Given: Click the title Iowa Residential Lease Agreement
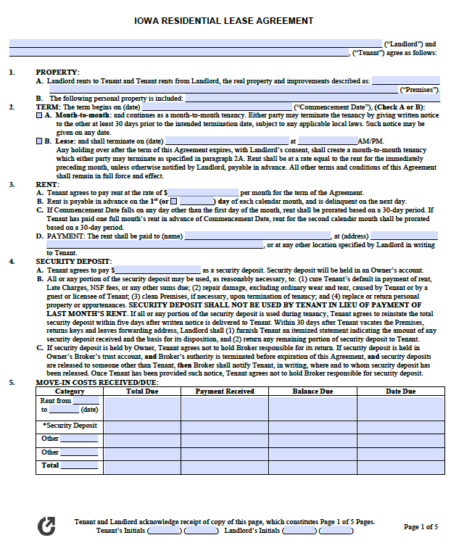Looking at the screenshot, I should (225, 21).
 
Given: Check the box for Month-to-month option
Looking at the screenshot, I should (39, 115).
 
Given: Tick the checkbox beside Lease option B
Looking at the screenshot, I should (39, 141).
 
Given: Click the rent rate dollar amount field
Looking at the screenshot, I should (202, 193).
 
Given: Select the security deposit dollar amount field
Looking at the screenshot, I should (157, 270).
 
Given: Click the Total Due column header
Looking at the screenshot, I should (143, 391).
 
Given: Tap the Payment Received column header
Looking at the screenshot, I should (225, 391).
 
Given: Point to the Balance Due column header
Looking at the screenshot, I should (313, 391).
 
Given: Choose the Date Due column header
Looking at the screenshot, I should (400, 391).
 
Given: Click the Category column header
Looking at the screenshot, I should (70, 391).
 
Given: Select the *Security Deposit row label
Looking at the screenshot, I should (70, 426).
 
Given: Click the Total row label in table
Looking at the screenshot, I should (51, 465).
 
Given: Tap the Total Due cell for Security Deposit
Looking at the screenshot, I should (143, 426).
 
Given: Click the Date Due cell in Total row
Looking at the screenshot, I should (400, 466).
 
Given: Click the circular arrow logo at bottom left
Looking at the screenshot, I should (46, 526).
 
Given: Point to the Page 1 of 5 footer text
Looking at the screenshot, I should (421, 527).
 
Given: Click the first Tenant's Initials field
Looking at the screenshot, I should (165, 531).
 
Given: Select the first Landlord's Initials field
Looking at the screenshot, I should (299, 531).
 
